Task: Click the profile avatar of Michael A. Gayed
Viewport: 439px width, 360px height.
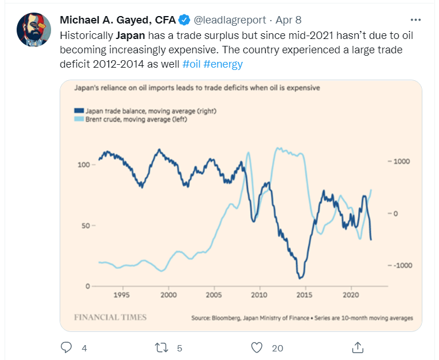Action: coord(33,29)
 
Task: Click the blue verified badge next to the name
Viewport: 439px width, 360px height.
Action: coord(184,20)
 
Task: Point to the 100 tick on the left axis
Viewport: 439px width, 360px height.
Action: coord(83,165)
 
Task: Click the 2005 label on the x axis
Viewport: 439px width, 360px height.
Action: coord(213,295)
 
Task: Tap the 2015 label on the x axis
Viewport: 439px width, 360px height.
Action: coord(305,295)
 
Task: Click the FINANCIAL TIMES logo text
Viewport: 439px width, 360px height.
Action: coord(110,317)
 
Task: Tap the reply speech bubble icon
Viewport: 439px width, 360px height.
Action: coord(67,347)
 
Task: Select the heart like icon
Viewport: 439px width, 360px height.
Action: coord(257,347)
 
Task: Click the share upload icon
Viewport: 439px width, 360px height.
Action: coord(357,347)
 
